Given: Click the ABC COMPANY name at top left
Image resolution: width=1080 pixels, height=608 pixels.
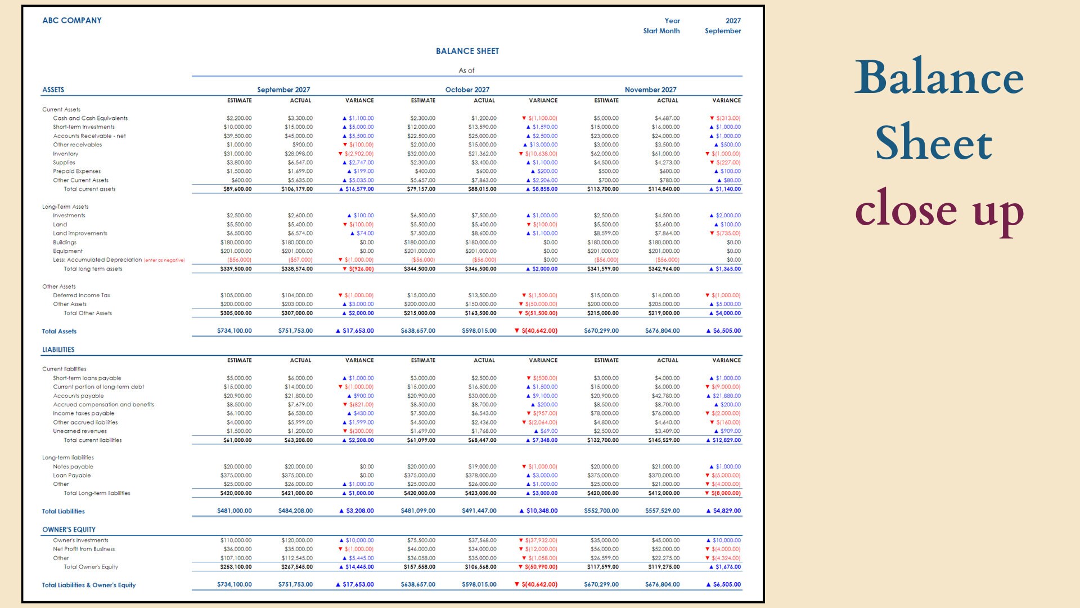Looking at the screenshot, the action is [x=72, y=20].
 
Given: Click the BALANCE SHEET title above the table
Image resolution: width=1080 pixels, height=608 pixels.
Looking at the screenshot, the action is [x=467, y=51].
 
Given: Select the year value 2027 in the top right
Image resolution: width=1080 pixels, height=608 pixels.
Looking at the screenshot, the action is [x=732, y=21].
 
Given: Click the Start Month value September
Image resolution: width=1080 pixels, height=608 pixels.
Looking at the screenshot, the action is [x=722, y=31].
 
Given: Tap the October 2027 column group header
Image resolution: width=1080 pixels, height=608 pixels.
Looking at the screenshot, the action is [x=467, y=90].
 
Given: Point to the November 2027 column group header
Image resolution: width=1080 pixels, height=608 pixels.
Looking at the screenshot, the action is [x=650, y=90].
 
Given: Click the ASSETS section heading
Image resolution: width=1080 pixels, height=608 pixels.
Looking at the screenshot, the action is [x=53, y=90].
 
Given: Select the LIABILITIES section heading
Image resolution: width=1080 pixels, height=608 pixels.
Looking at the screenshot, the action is [x=58, y=350].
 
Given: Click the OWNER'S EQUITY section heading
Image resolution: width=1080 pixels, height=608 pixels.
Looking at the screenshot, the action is [x=69, y=530].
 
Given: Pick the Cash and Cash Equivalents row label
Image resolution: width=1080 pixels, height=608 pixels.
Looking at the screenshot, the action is [x=90, y=118].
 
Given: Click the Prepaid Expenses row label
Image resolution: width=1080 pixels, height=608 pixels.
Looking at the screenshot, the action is [x=76, y=171].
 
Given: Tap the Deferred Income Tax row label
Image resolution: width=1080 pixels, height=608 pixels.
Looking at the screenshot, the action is [x=82, y=295].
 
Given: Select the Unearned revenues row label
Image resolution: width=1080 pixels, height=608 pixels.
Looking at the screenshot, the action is [x=79, y=431].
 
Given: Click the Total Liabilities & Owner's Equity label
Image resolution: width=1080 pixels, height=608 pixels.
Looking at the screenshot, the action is [x=89, y=585].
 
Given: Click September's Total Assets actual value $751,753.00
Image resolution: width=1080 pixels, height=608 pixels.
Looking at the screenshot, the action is [x=295, y=331].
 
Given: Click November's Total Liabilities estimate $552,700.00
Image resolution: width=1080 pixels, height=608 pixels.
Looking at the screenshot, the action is [x=601, y=511].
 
